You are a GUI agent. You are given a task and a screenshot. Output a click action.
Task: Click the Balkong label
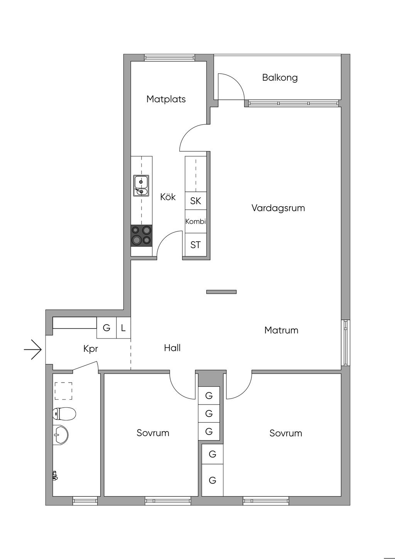pyautogui.click(x=280, y=78)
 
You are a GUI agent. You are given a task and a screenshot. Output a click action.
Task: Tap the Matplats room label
pyautogui.click(x=166, y=99)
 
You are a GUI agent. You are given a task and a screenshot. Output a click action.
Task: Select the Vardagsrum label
pyautogui.click(x=278, y=208)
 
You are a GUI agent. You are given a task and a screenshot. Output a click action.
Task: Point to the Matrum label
pyautogui.click(x=281, y=330)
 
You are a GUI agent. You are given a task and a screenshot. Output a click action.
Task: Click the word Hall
pyautogui.click(x=172, y=348)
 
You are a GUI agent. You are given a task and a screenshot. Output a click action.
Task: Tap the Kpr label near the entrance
pyautogui.click(x=91, y=349)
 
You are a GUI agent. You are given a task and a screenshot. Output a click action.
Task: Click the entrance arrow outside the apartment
pyautogui.click(x=33, y=350)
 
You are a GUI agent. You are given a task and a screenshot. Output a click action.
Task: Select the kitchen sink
pyautogui.click(x=141, y=186)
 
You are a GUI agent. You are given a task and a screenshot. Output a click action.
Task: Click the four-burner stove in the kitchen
pyautogui.click(x=141, y=235)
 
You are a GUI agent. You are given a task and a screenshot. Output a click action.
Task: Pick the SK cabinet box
pyautogui.click(x=196, y=201)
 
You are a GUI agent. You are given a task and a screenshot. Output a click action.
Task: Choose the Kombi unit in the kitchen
pyautogui.click(x=196, y=222)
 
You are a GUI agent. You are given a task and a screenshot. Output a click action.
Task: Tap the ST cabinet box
pyautogui.click(x=196, y=245)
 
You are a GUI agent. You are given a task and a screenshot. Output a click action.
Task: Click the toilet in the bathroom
pyautogui.click(x=64, y=414)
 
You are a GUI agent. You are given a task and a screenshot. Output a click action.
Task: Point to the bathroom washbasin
pyautogui.click(x=60, y=435)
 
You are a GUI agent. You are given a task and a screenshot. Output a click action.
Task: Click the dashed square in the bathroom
pyautogui.click(x=63, y=391)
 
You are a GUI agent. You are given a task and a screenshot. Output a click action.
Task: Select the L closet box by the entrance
pyautogui.click(x=123, y=328)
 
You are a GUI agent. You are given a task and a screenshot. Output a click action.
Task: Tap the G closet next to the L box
pyautogui.click(x=106, y=328)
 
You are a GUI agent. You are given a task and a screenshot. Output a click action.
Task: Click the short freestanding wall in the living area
pyautogui.click(x=221, y=292)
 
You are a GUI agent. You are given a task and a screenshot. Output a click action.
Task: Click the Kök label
pyautogui.click(x=168, y=197)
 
